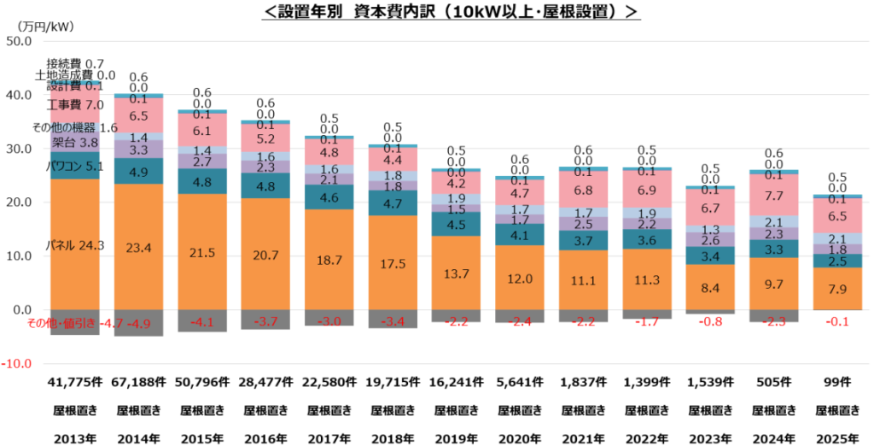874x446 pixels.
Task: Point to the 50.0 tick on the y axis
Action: click(18, 41)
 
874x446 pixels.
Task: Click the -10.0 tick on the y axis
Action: click(16, 363)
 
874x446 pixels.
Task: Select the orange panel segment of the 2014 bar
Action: click(139, 247)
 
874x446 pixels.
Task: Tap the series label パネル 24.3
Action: click(75, 246)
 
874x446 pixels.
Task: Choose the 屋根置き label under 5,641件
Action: click(519, 410)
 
